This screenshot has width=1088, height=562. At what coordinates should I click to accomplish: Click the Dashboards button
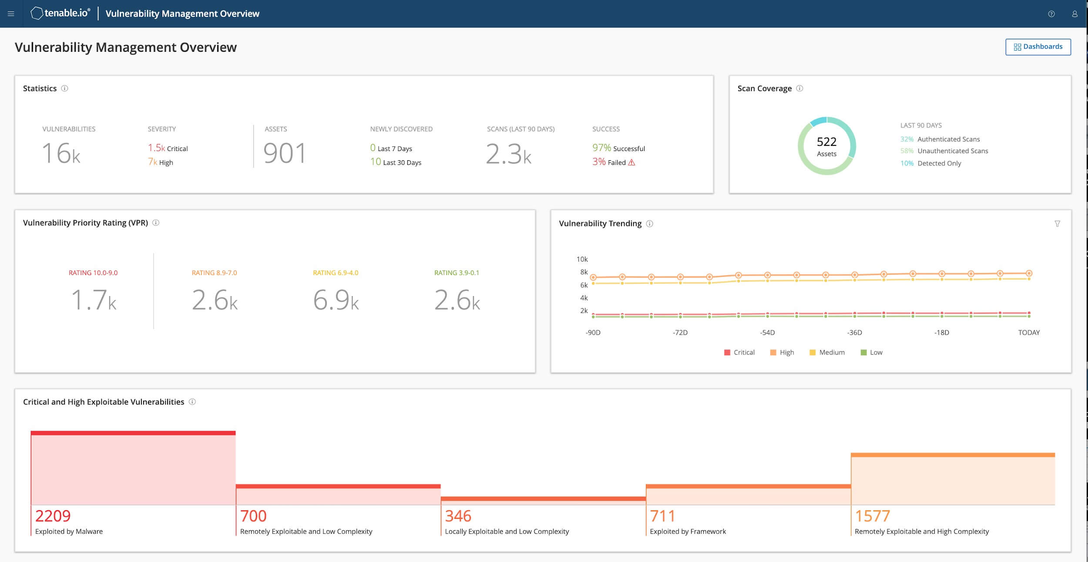pyautogui.click(x=1038, y=47)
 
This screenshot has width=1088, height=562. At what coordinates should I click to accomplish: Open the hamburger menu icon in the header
pyautogui.click(x=11, y=14)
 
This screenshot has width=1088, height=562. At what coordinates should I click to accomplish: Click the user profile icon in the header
pyautogui.click(x=1075, y=14)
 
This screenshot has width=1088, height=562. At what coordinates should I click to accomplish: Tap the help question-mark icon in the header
pyautogui.click(x=1051, y=14)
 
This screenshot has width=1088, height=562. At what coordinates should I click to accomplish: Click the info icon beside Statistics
pyautogui.click(x=64, y=88)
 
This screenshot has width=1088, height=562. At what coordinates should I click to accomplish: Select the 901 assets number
pyautogui.click(x=285, y=153)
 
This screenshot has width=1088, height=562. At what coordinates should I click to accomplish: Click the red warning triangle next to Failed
pyautogui.click(x=631, y=162)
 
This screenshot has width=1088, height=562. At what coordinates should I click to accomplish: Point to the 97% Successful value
pyautogui.click(x=618, y=148)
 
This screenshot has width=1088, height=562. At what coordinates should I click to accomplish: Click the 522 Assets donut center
pyautogui.click(x=826, y=146)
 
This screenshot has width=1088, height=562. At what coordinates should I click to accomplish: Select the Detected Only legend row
pyautogui.click(x=931, y=163)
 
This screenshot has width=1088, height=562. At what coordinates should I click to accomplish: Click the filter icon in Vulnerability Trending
pyautogui.click(x=1057, y=224)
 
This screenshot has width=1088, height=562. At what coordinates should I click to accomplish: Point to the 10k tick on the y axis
pyautogui.click(x=582, y=259)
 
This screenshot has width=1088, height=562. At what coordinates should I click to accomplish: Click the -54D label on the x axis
pyautogui.click(x=767, y=333)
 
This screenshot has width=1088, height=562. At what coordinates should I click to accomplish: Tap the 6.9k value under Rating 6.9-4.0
pyautogui.click(x=336, y=300)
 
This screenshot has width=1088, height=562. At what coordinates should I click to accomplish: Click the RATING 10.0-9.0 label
pyautogui.click(x=93, y=273)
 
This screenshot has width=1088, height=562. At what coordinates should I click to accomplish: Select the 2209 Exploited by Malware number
pyautogui.click(x=53, y=516)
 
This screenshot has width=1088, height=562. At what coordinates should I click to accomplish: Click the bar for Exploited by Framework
pyautogui.click(x=748, y=495)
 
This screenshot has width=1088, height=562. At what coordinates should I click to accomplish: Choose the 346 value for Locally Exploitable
pyautogui.click(x=458, y=516)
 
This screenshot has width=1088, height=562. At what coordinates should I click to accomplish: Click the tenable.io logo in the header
pyautogui.click(x=60, y=13)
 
